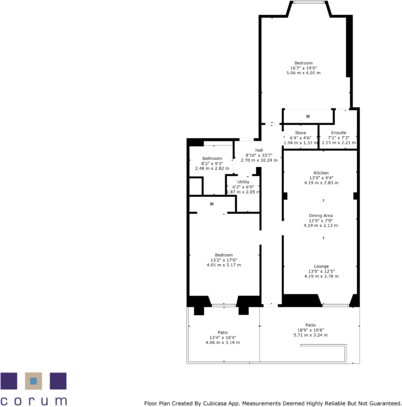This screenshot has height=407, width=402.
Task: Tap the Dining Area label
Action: pos(321,215)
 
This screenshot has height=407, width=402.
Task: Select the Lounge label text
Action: pos(321,267)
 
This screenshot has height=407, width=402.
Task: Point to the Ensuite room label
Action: pos(338,133)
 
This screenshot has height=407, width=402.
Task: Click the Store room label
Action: pos(301,133)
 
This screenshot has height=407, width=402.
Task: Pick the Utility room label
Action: pos(243,182)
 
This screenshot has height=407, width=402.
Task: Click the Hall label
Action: pos(259,150)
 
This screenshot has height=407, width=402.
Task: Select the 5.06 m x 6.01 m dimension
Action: pos(303,73)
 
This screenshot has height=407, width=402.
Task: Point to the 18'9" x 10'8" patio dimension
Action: pos(310,330)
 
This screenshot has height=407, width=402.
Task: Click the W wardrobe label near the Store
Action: pos(307,117)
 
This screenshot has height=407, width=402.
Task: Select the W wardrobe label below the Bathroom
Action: pos(212,204)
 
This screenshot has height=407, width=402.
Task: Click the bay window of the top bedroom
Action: pos(309,3)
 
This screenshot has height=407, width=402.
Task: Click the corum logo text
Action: pos(33,400)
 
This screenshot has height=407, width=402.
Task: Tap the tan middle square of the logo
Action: pos(33,381)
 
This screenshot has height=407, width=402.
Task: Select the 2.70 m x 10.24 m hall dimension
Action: pos(259,160)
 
